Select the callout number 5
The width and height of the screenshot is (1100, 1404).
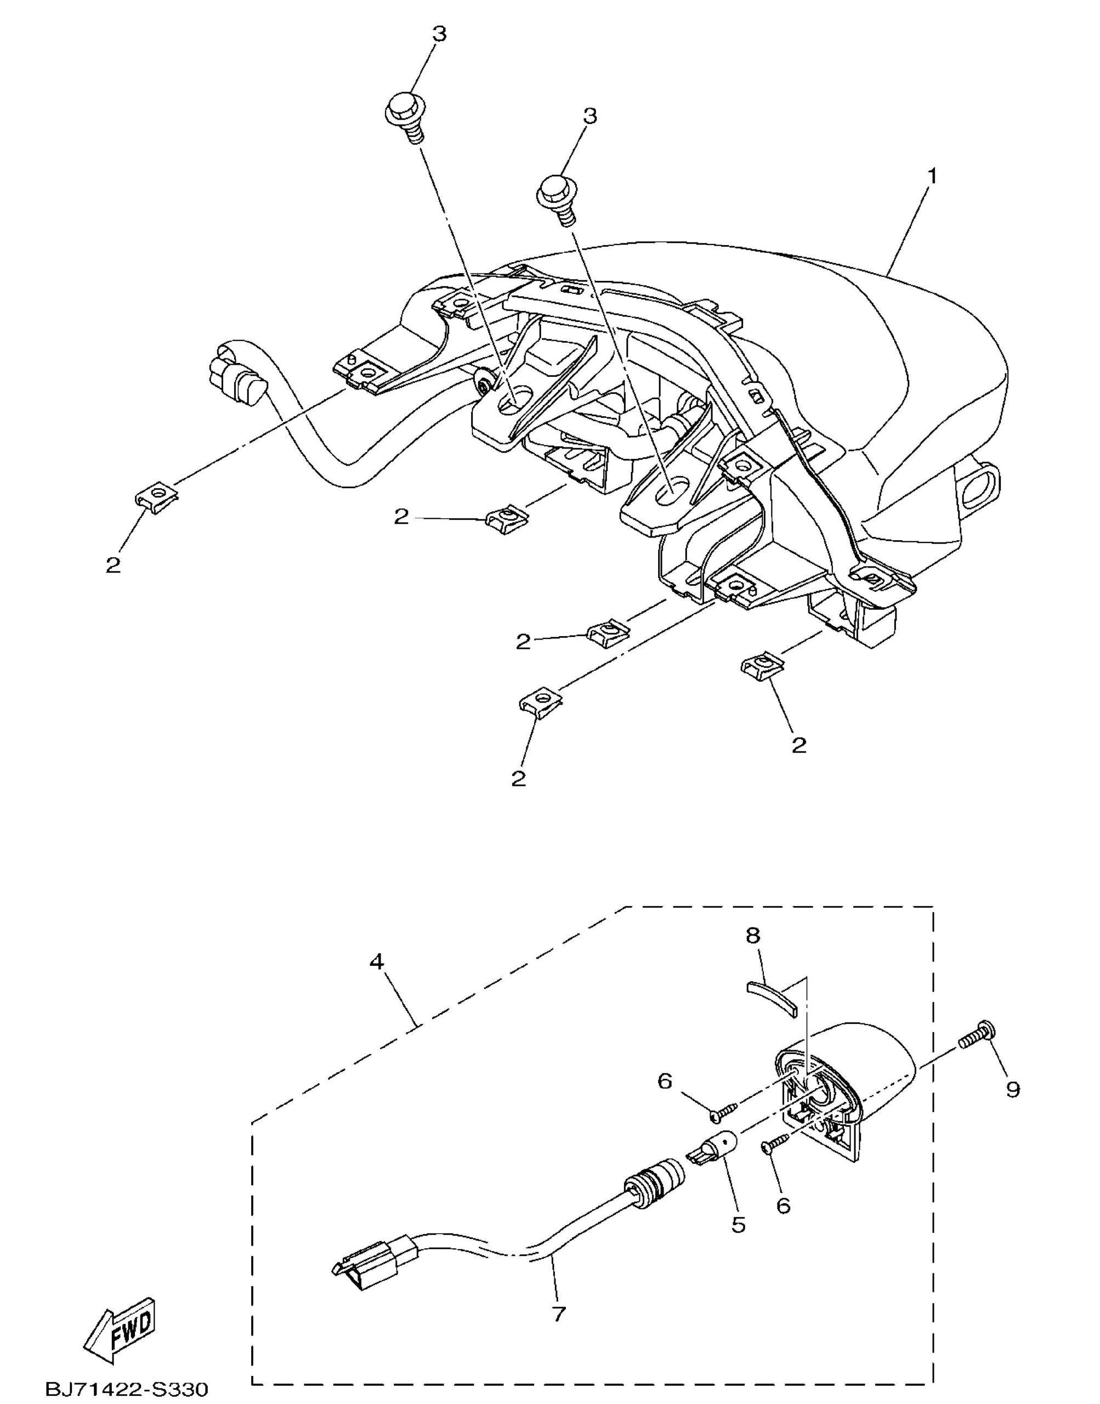click(738, 1224)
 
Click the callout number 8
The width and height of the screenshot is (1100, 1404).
click(753, 935)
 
